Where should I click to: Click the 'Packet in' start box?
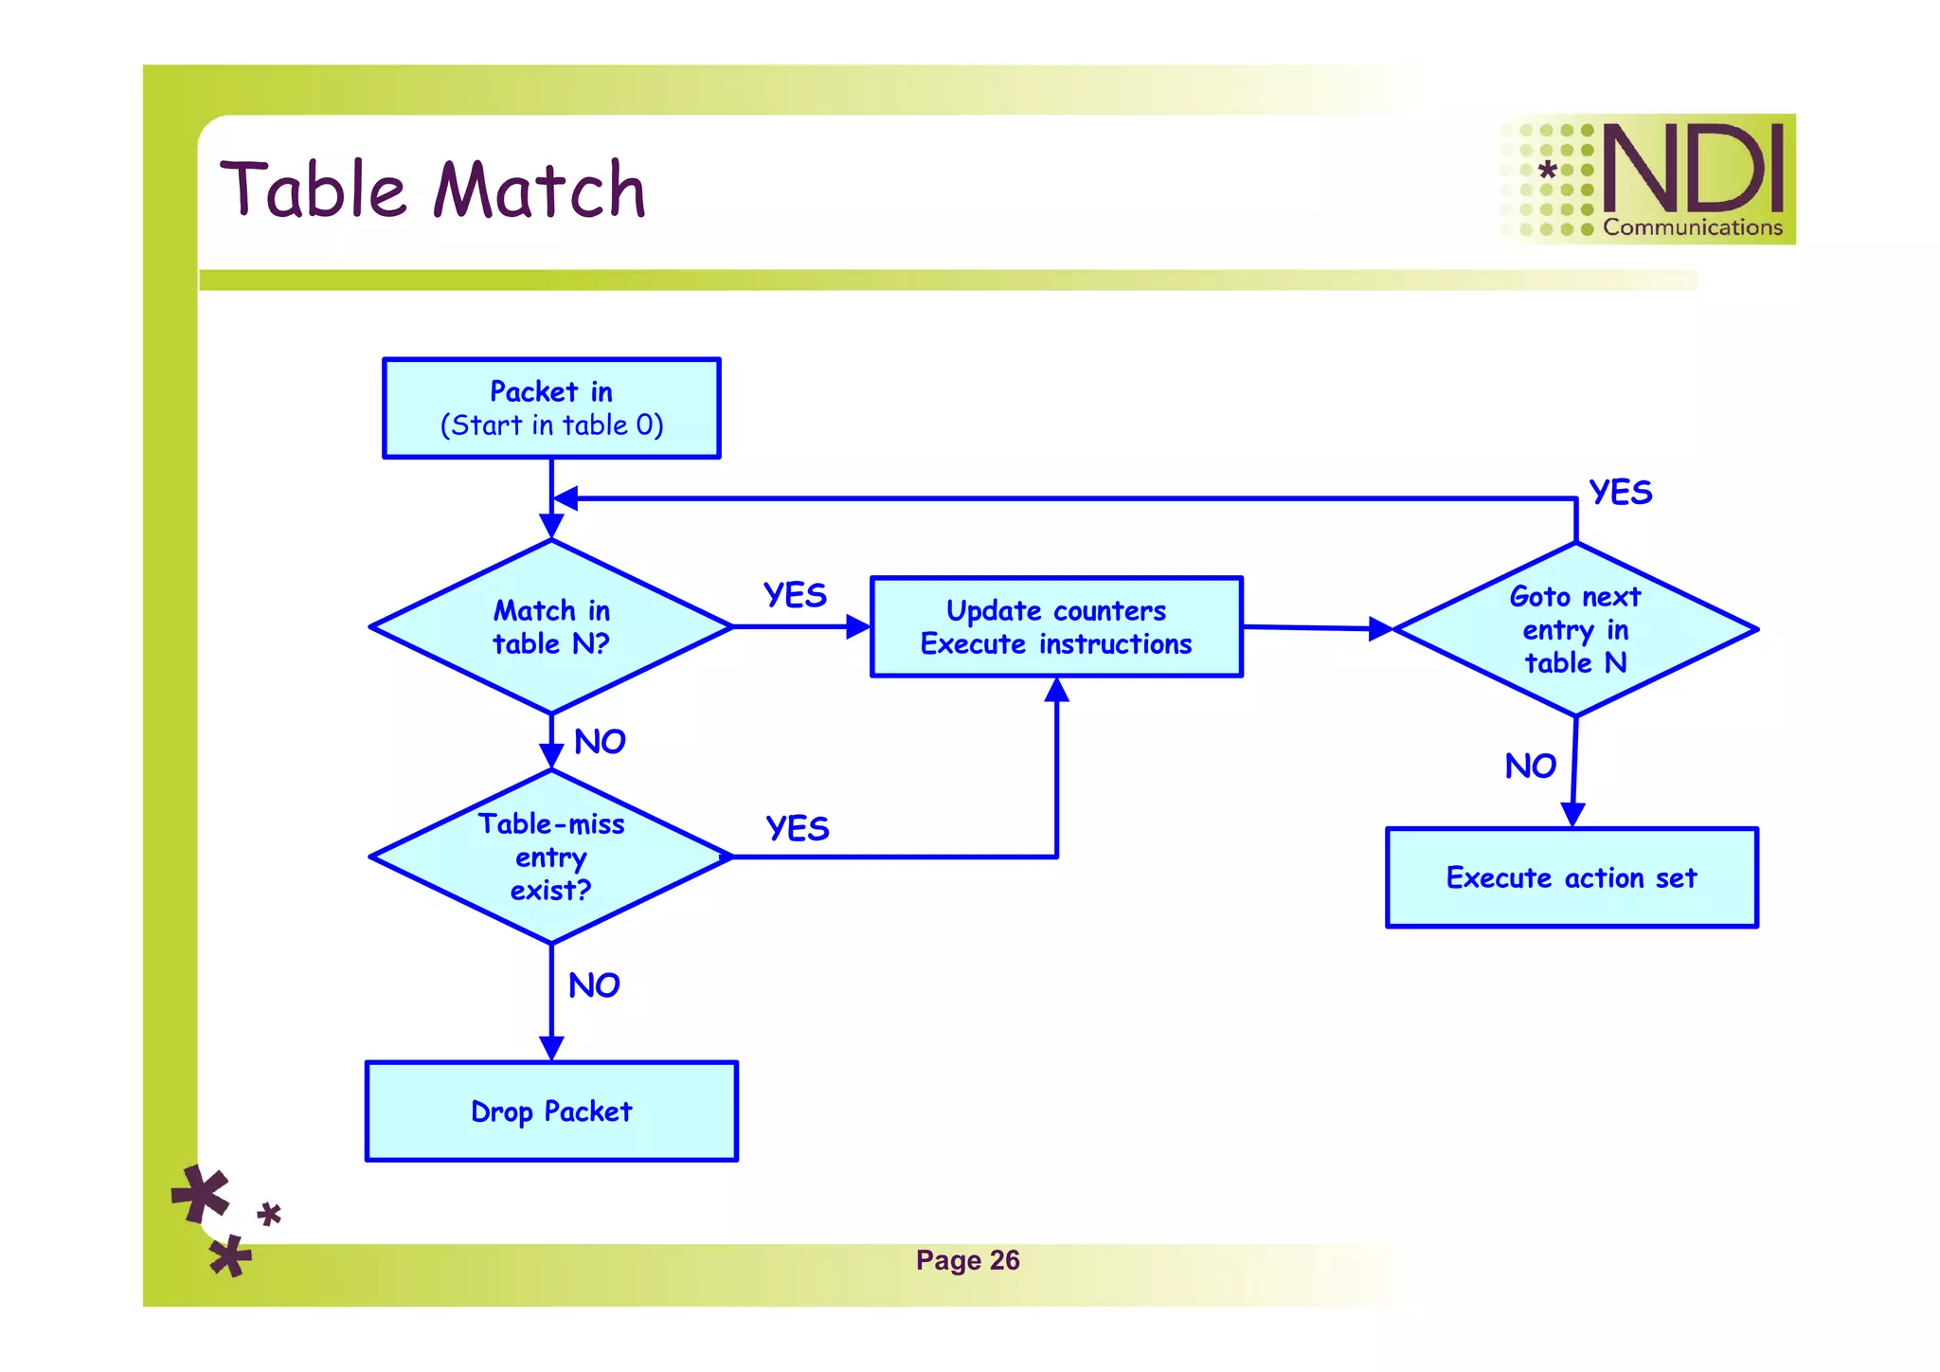pos(551,408)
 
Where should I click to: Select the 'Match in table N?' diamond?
pos(551,626)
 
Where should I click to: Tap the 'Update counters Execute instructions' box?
pos(1056,627)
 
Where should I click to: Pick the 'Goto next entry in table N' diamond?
pos(1575,629)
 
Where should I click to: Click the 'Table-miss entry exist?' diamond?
pos(551,857)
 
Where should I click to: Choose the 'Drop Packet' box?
pos(551,1110)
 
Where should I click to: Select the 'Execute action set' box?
pos(1572,877)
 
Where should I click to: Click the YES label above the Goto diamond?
pos(1621,493)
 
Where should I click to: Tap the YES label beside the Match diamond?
pos(795,595)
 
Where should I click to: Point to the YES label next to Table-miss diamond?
pos(797,828)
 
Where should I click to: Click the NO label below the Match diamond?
pos(600,742)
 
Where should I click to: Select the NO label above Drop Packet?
pos(594,986)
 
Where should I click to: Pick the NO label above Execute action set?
pos(1530,767)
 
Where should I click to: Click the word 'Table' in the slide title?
pos(318,190)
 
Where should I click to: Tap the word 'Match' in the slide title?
pos(539,190)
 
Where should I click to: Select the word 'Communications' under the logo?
pos(1693,227)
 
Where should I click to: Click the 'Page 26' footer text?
pos(967,1260)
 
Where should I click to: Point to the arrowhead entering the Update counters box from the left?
pos(858,626)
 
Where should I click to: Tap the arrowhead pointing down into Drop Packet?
pos(551,1048)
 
